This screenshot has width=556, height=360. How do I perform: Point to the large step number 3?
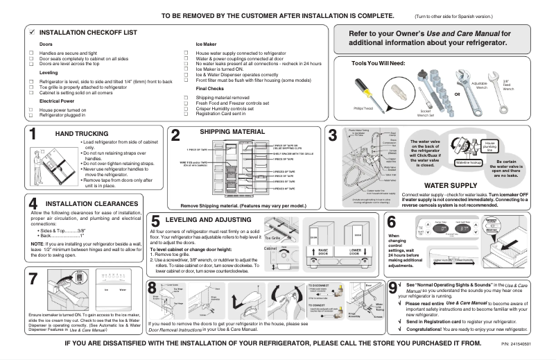[333, 137]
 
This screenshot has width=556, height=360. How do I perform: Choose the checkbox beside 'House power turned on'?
[31, 110]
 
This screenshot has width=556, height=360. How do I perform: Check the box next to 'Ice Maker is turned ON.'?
[188, 68]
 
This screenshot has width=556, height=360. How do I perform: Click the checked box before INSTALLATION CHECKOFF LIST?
[32, 33]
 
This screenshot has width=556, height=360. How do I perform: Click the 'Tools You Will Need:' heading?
[379, 63]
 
